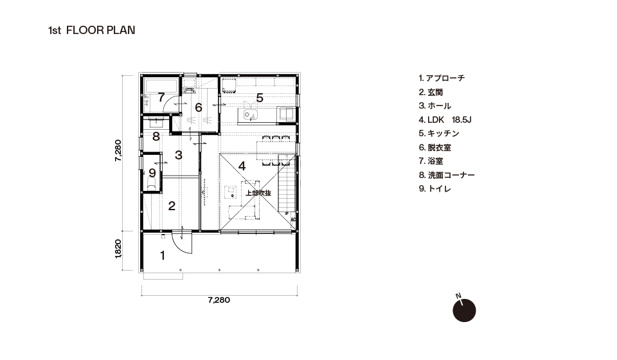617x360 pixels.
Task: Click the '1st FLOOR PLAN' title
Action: [91, 30]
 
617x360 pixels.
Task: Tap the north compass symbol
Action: [464, 310]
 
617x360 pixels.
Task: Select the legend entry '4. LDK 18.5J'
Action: [445, 120]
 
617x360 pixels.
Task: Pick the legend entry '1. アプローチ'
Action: [442, 78]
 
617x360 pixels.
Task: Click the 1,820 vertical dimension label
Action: [118, 249]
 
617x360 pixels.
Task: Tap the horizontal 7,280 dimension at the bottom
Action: [219, 300]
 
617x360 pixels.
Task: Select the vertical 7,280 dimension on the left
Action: [118, 150]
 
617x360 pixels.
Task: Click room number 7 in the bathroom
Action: [161, 97]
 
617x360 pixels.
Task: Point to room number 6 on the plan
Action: [199, 107]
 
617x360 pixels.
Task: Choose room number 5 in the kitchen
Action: [259, 98]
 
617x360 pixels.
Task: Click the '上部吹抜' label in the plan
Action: [258, 194]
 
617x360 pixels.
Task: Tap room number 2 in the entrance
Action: [172, 206]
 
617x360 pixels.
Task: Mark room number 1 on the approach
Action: [163, 256]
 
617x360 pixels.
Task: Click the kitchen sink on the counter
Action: [250, 115]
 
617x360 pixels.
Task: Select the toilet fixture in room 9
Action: [152, 184]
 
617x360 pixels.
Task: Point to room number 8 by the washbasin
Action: [156, 137]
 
